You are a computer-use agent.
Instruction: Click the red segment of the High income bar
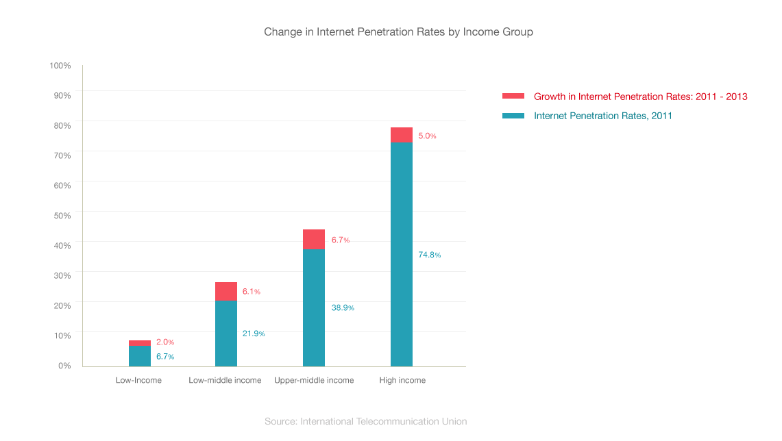[402, 135]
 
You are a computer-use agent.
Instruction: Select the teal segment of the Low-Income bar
[140, 356]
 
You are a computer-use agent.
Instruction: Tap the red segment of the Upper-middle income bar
[314, 239]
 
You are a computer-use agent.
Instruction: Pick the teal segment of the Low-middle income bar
[226, 333]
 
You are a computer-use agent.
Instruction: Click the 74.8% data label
[430, 255]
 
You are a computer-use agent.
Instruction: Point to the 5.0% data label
[427, 136]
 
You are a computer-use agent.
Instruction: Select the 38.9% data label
[343, 307]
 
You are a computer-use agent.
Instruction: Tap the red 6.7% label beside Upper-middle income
[341, 240]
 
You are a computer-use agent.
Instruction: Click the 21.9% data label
[254, 333]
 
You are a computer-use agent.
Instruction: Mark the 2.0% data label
[165, 342]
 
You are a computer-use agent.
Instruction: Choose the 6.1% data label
[252, 291]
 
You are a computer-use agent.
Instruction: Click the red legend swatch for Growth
[513, 97]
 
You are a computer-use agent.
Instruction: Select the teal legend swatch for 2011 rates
[513, 116]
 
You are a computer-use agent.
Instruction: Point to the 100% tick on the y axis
[60, 65]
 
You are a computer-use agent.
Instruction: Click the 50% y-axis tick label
[62, 215]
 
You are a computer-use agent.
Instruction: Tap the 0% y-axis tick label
[64, 365]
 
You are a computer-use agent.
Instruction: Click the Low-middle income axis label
[225, 380]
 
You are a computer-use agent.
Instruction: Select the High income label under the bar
[402, 380]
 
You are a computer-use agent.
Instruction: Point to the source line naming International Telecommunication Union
[365, 421]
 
